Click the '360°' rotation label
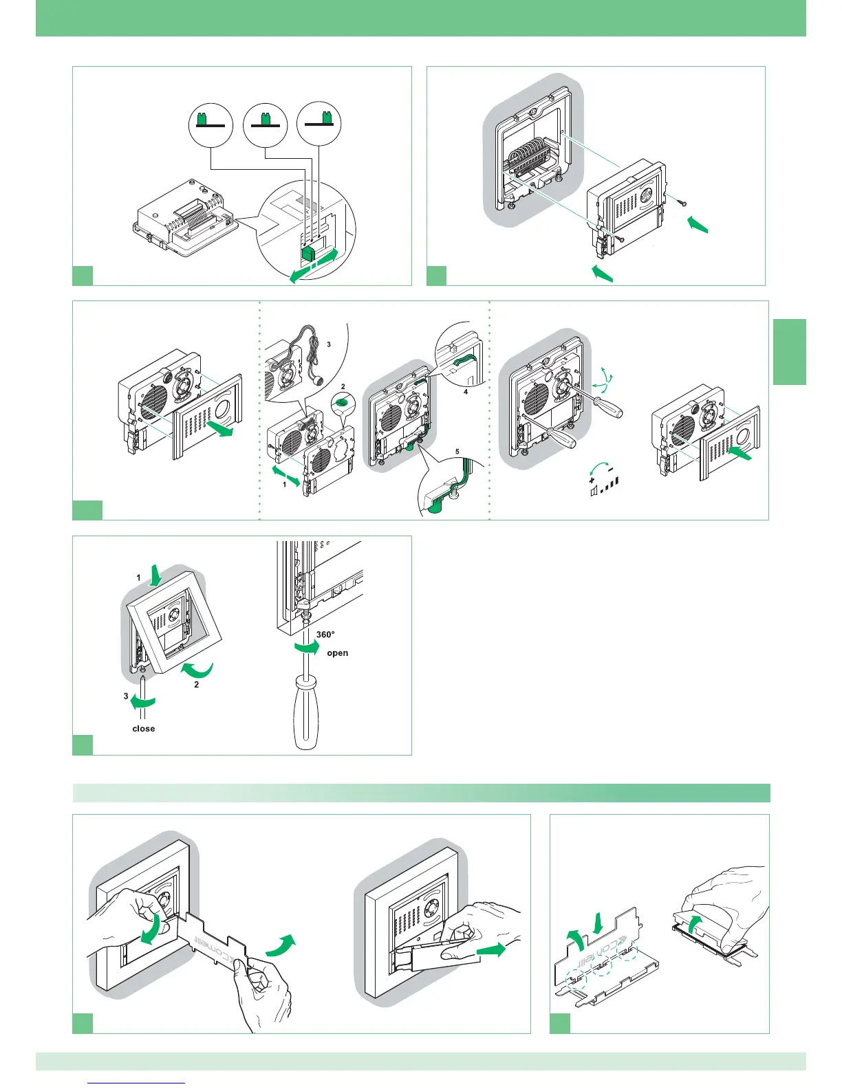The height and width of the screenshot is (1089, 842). click(325, 635)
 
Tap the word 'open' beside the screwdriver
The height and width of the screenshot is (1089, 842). click(337, 653)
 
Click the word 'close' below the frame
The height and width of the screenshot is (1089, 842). click(143, 729)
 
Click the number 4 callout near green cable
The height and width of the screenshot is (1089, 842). click(466, 392)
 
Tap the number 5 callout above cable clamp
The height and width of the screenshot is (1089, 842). click(457, 452)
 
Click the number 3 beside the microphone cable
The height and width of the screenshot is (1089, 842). click(329, 344)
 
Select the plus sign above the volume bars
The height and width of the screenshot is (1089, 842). click(592, 480)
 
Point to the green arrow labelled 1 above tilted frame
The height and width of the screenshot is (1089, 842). click(156, 573)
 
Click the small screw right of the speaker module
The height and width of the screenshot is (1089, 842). click(682, 202)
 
